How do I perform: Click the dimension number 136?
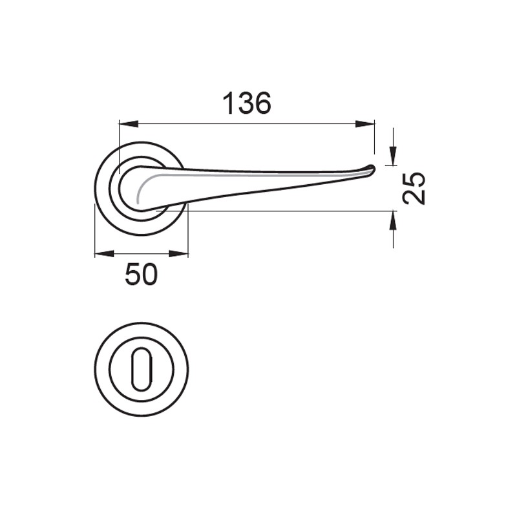click(247, 103)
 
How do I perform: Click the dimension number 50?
click(142, 274)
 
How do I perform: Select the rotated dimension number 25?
click(414, 188)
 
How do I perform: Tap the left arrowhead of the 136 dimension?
click(128, 124)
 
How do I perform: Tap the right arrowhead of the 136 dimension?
click(365, 124)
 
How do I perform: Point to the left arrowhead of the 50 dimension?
click(104, 253)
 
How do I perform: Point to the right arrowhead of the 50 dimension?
click(179, 253)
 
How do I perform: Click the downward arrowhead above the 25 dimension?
click(393, 155)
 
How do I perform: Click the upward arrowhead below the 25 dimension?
click(393, 220)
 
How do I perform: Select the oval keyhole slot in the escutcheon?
click(142, 369)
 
